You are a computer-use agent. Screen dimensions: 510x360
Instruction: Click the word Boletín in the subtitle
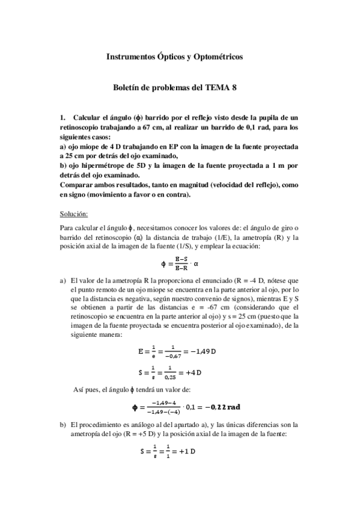coord(127,87)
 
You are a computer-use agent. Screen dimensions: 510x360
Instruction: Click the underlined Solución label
coord(74,214)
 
